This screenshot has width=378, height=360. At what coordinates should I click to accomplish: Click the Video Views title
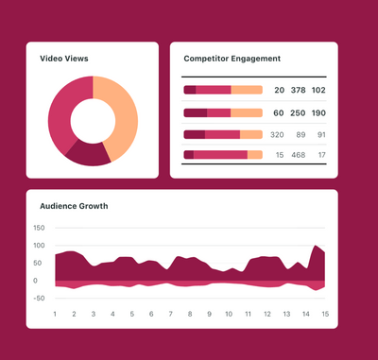[x=64, y=59]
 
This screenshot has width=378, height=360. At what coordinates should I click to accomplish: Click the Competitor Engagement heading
[x=232, y=59]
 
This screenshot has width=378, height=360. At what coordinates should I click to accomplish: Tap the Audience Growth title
[x=74, y=206]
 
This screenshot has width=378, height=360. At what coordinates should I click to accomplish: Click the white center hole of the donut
[x=93, y=121]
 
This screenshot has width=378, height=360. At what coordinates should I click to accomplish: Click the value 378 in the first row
[x=297, y=90]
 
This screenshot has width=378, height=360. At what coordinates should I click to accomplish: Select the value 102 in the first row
[x=318, y=90]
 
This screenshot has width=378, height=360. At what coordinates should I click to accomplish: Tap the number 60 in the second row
[x=278, y=112]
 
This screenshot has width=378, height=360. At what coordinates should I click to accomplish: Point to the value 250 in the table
[x=297, y=112]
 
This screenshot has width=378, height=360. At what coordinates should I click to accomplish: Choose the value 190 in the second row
[x=318, y=112]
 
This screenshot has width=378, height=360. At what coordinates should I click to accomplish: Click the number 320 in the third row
[x=276, y=134]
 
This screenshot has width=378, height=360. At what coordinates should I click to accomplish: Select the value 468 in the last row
[x=297, y=155]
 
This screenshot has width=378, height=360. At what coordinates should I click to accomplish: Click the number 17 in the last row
[x=321, y=155]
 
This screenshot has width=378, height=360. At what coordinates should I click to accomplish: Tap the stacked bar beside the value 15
[x=223, y=155]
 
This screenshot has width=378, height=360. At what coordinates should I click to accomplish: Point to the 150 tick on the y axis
[x=39, y=228]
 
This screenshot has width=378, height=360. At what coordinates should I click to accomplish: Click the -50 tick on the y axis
[x=39, y=299]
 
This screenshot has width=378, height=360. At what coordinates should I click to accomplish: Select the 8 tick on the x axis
[x=190, y=314]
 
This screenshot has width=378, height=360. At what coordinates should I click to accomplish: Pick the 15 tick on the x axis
[x=324, y=314]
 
